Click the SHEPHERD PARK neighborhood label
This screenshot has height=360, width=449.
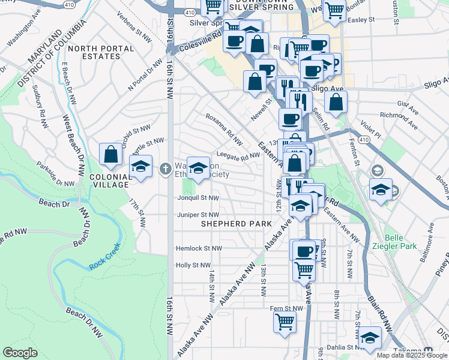click(x=228, y=224)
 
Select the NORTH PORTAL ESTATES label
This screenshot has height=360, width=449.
click(x=94, y=52)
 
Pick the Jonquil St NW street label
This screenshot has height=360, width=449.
click(x=198, y=197)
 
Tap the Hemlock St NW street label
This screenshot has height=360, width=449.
click(x=199, y=248)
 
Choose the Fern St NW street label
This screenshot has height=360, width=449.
click(x=286, y=308)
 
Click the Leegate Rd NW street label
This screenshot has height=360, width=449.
click(x=238, y=155)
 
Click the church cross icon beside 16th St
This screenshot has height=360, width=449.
click(x=166, y=169)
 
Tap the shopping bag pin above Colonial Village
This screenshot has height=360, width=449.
click(x=111, y=154)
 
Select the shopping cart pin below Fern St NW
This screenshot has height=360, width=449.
click(x=285, y=322)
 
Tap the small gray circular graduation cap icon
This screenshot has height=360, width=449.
click(x=378, y=173)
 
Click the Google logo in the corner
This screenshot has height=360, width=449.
click(x=21, y=353)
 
